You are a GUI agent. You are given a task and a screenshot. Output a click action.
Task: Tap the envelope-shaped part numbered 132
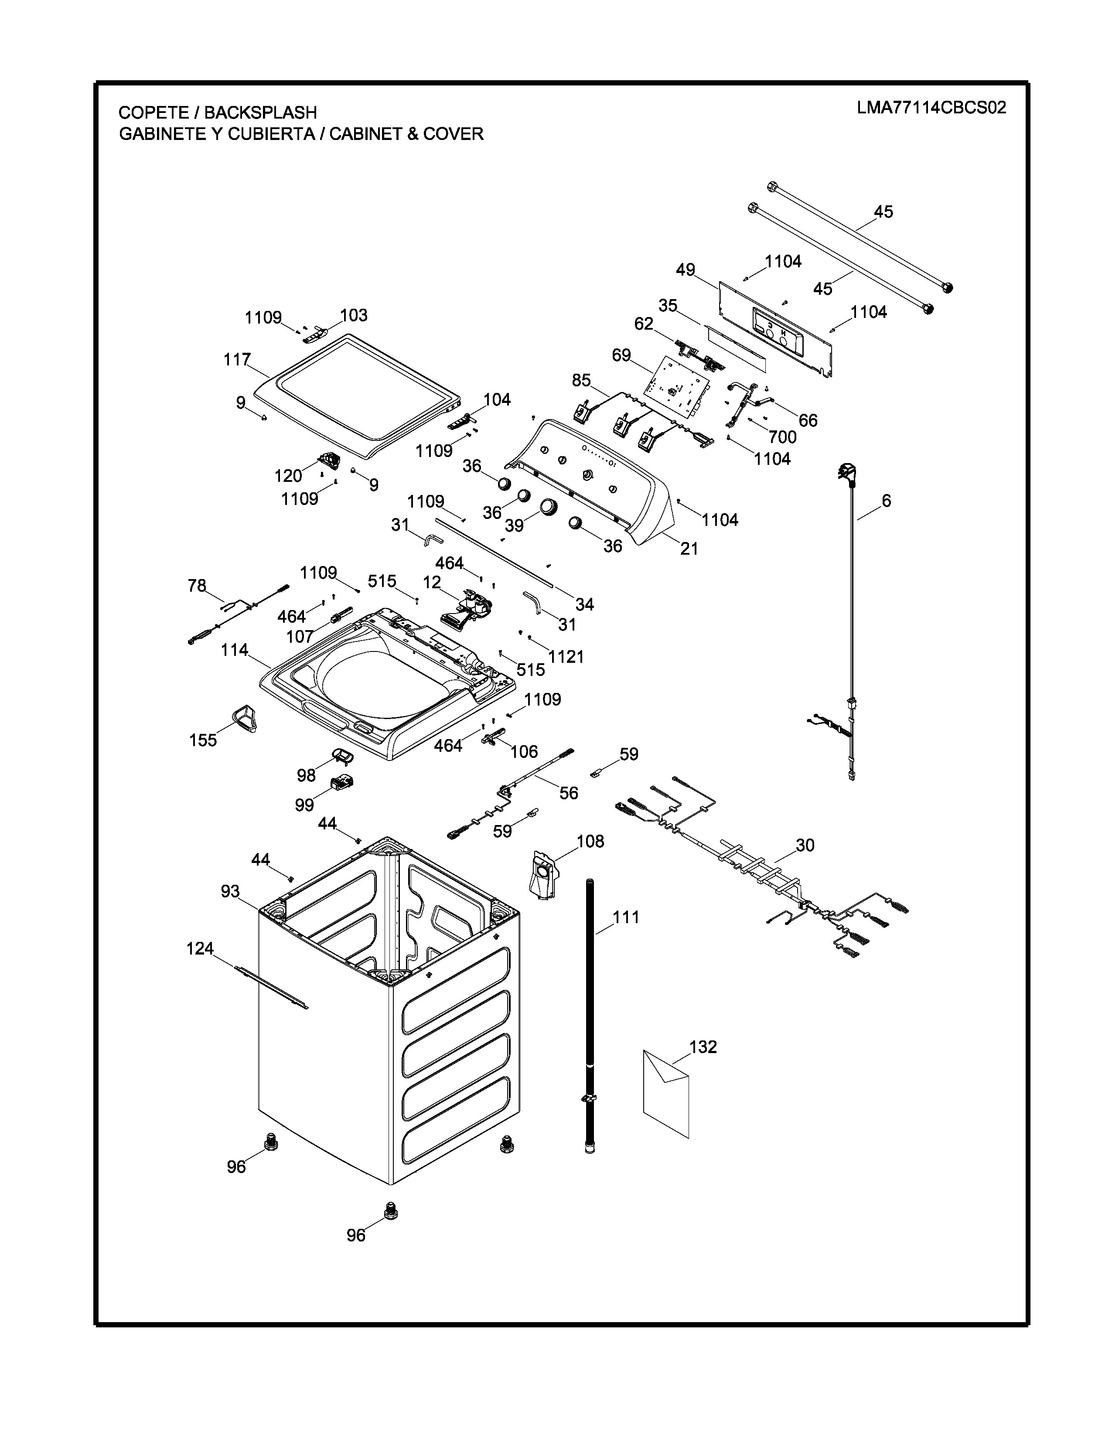[x=666, y=1094]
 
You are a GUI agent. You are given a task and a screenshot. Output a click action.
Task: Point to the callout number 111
[x=626, y=917]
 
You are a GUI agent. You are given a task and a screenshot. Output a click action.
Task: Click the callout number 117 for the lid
[x=237, y=360]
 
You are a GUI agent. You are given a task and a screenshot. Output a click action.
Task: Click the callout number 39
[x=515, y=525]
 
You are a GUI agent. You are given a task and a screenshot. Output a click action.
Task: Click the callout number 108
[x=590, y=842]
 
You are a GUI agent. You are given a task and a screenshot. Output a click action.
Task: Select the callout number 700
[x=782, y=437]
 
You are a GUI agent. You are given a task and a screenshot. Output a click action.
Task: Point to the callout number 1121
[x=566, y=657]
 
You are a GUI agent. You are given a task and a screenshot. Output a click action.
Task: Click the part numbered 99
[x=342, y=784]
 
